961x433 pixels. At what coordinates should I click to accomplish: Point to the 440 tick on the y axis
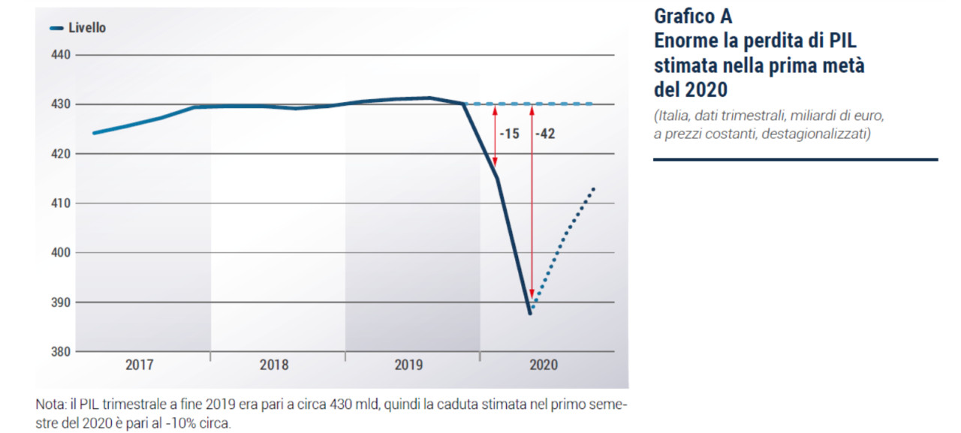tap(62, 55)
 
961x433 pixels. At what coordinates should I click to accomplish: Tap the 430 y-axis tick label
tap(62, 104)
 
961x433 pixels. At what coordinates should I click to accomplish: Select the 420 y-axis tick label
tap(62, 154)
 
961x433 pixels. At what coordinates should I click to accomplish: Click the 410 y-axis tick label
tap(62, 203)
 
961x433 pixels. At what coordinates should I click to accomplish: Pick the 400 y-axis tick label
tap(62, 253)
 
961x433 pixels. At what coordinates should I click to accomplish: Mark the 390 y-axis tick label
tap(62, 302)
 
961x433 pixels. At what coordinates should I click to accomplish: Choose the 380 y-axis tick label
tap(62, 352)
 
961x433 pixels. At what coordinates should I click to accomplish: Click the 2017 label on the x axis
tap(139, 366)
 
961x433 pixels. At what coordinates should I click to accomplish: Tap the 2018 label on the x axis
tap(274, 366)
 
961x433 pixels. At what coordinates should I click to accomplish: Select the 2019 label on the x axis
tap(408, 366)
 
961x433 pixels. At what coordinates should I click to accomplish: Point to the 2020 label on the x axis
tap(544, 366)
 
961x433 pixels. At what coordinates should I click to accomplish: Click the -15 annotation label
tap(510, 134)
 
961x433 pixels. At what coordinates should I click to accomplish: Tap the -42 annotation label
tap(545, 134)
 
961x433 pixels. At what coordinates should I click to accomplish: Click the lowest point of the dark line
tap(530, 314)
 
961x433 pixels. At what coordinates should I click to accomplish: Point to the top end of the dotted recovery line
tap(593, 188)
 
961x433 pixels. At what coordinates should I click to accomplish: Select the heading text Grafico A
tap(693, 16)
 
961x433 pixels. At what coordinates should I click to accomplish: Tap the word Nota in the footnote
tap(50, 404)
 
